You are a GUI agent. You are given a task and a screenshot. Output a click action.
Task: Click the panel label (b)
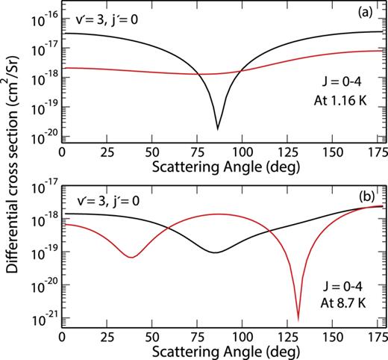[367, 199]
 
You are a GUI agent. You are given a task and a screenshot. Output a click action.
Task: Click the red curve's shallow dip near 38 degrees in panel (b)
[131, 258]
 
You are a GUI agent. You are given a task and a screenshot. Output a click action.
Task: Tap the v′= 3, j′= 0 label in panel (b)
[100, 200]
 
